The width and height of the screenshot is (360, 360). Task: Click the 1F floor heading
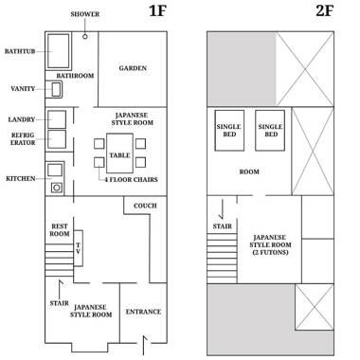[157, 11]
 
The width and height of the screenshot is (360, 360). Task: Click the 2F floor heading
[325, 11]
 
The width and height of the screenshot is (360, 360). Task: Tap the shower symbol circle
[84, 36]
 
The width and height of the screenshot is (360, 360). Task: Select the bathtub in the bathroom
[59, 51]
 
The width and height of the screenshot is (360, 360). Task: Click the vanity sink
[56, 89]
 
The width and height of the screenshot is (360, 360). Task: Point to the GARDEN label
[133, 68]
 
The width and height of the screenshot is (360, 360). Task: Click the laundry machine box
[57, 119]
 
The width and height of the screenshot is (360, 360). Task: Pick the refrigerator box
[57, 139]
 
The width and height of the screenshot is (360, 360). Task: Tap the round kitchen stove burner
[57, 188]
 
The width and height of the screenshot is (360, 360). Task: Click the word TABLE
[119, 155]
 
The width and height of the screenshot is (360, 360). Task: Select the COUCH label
[145, 206]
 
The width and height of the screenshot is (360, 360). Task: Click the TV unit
[78, 248]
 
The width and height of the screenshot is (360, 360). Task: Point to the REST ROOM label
[60, 230]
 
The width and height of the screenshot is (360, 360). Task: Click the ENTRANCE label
[143, 312]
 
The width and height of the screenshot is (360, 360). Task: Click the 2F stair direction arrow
[222, 209]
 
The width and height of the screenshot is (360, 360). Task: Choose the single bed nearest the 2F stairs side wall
[229, 131]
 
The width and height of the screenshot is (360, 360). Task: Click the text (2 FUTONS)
[270, 252]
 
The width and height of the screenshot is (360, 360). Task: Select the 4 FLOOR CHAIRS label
[131, 179]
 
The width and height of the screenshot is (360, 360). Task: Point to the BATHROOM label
[75, 76]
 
